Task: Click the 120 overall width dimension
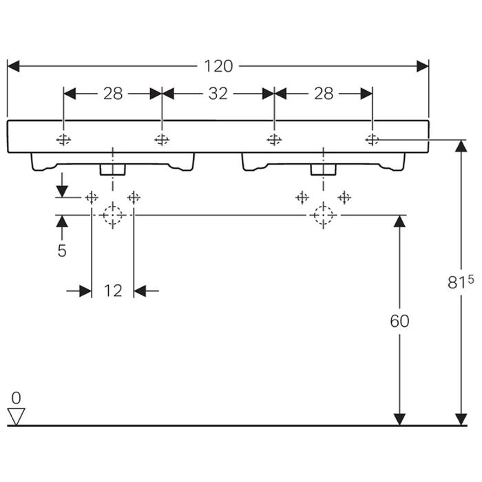218,66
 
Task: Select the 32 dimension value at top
218,94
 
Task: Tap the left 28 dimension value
113,94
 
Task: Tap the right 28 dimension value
324,94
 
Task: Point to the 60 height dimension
399,321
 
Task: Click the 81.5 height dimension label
461,282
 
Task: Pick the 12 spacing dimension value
113,291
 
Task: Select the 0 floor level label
17,398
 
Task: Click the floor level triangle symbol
17,416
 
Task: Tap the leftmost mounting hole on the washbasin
64,140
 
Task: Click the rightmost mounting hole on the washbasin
373,140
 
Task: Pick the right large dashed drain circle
322,216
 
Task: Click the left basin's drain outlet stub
112,169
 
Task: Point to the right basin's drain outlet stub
322,169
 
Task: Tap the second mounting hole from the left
162,140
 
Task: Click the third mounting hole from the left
274,140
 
